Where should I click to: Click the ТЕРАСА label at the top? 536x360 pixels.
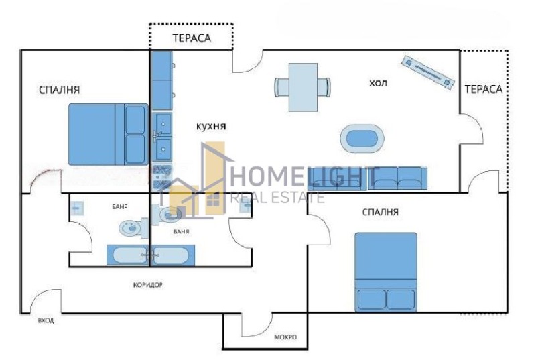point(192,38)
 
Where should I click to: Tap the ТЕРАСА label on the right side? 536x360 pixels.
point(483,88)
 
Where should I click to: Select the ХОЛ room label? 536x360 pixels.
point(379,83)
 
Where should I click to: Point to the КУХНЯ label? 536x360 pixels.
point(211,125)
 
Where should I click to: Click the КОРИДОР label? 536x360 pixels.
point(148,284)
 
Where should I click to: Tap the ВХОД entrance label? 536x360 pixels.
point(46,320)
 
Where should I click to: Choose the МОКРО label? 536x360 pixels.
point(286,337)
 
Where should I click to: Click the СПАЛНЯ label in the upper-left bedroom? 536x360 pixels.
point(60,88)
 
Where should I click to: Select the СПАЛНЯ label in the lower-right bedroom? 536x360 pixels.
point(380,213)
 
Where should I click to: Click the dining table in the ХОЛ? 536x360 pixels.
point(302,86)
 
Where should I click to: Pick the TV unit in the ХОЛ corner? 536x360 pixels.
point(426,69)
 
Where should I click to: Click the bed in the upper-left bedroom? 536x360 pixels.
point(108,134)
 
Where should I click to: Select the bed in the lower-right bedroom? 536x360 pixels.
point(385,272)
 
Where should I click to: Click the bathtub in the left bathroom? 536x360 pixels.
point(127,255)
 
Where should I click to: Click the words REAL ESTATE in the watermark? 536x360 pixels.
point(277,197)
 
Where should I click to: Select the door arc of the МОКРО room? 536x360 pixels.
point(256,326)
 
